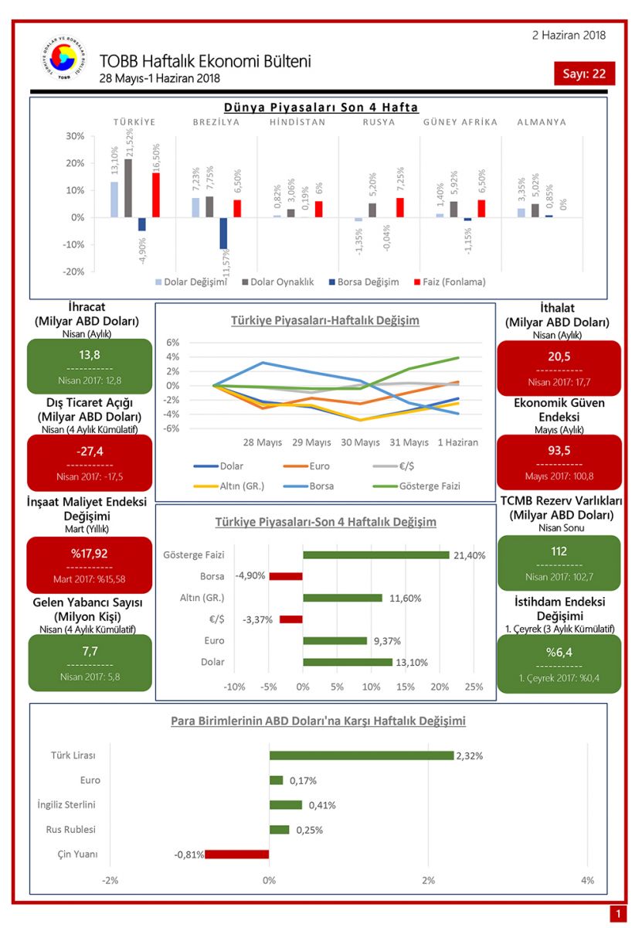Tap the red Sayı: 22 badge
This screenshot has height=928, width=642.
pyautogui.click(x=584, y=73)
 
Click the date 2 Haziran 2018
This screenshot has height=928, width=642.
pyautogui.click(x=569, y=35)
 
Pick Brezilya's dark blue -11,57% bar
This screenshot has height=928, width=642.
pyautogui.click(x=223, y=233)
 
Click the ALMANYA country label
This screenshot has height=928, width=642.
pyautogui.click(x=541, y=122)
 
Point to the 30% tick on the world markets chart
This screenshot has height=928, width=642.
pyautogui.click(x=74, y=136)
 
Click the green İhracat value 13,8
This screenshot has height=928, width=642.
pyautogui.click(x=90, y=356)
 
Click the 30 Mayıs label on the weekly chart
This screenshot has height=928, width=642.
pyautogui.click(x=359, y=442)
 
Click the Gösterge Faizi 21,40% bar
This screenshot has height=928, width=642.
pyautogui.click(x=375, y=554)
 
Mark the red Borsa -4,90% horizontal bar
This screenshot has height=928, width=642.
pyautogui.click(x=286, y=576)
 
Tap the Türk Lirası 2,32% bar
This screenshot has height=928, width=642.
pyautogui.click(x=361, y=756)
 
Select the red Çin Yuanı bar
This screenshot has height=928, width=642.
pyautogui.click(x=237, y=855)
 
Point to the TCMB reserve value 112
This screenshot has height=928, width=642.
pyautogui.click(x=559, y=552)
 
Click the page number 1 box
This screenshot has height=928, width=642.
pyautogui.click(x=617, y=915)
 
